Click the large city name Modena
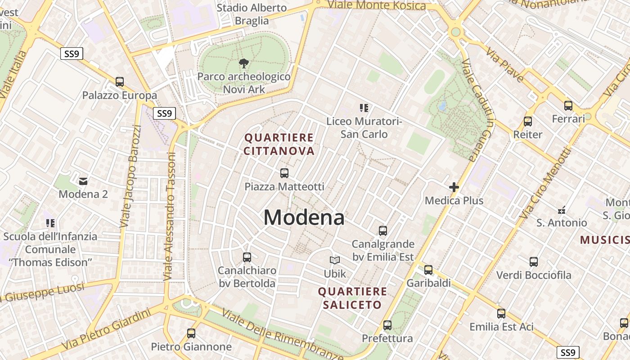pyautogui.click(x=304, y=218)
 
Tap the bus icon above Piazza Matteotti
pyautogui.click(x=284, y=173)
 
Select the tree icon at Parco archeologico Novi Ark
pyautogui.click(x=244, y=63)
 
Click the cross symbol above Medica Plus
pyautogui.click(x=454, y=187)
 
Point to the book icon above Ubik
pyautogui.click(x=335, y=260)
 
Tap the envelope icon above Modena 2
pyautogui.click(x=83, y=181)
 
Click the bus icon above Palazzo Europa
pyautogui.click(x=119, y=82)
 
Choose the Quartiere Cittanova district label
pyautogui.click(x=279, y=144)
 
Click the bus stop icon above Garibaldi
pyautogui.click(x=428, y=270)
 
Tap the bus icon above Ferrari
pyautogui.click(x=568, y=106)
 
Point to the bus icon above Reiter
pyautogui.click(x=528, y=121)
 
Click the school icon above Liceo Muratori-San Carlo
pyautogui.click(x=364, y=108)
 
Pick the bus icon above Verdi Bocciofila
pyautogui.click(x=534, y=262)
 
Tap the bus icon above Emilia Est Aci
pyautogui.click(x=501, y=314)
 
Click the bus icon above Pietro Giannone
pyautogui.click(x=191, y=333)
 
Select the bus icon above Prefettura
pyautogui.click(x=387, y=325)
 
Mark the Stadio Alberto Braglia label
pyautogui.click(x=252, y=14)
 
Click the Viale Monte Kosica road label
pyautogui.click(x=377, y=5)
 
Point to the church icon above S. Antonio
pyautogui.click(x=562, y=210)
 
